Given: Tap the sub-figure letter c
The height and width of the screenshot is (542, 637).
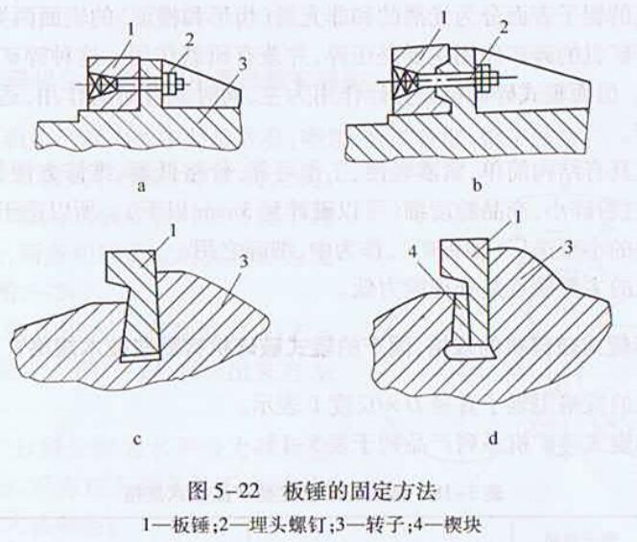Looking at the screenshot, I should pyautogui.click(x=137, y=440).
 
